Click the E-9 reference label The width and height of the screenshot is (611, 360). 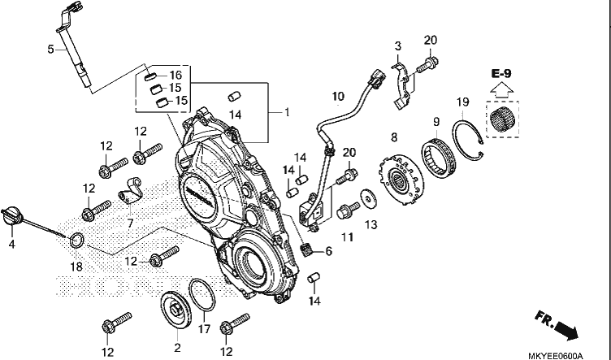[x=501, y=73]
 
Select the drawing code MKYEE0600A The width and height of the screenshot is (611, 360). [x=555, y=356]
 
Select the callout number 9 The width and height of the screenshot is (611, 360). [x=436, y=122]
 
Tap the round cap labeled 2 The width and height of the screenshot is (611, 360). [x=176, y=310]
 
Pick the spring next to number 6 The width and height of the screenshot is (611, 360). [x=308, y=249]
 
